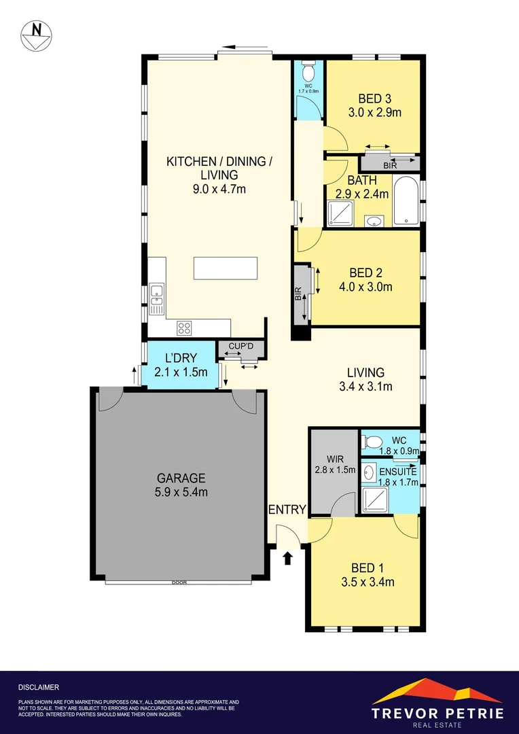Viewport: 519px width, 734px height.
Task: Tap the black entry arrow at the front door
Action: (288, 558)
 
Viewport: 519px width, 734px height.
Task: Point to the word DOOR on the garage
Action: (179, 582)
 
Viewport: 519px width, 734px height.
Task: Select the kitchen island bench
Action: (226, 268)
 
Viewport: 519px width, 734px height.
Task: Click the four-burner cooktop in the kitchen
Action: (184, 328)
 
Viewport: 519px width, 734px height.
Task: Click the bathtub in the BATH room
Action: (407, 200)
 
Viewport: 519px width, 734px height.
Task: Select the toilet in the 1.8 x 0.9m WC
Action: (372, 442)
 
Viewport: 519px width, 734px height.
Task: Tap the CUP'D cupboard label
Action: (240, 347)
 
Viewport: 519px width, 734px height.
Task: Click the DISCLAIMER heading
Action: (39, 687)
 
